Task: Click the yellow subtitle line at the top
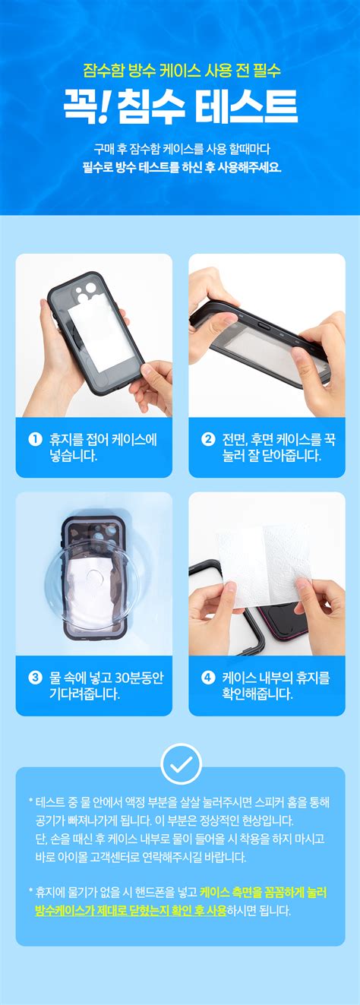tap(180, 71)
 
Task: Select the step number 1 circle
tap(34, 439)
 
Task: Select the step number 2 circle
tap(207, 439)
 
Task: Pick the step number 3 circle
tap(34, 678)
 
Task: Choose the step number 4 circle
tap(207, 678)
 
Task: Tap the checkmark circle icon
tap(181, 763)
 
